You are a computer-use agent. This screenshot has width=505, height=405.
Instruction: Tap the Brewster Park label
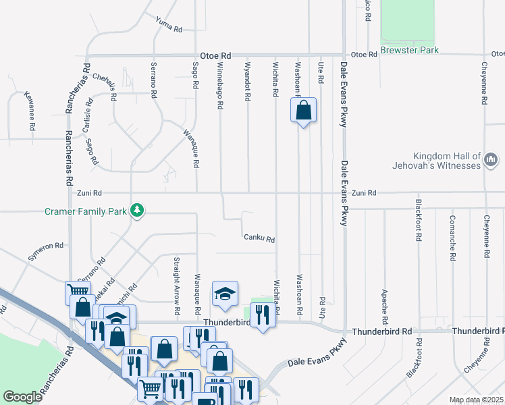[409, 50]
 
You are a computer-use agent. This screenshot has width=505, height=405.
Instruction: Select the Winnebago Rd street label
[220, 88]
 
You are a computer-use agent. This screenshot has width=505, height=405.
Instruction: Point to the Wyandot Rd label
[248, 84]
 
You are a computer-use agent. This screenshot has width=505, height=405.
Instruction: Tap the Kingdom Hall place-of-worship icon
[491, 160]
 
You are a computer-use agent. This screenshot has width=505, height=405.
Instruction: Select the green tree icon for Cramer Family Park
[137, 211]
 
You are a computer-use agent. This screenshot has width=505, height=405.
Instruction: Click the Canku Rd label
[259, 238]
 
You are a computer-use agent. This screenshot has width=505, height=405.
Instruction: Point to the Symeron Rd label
[45, 251]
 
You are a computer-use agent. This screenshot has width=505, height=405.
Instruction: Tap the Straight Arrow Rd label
[177, 286]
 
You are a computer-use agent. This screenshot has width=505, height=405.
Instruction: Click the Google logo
[22, 397]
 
